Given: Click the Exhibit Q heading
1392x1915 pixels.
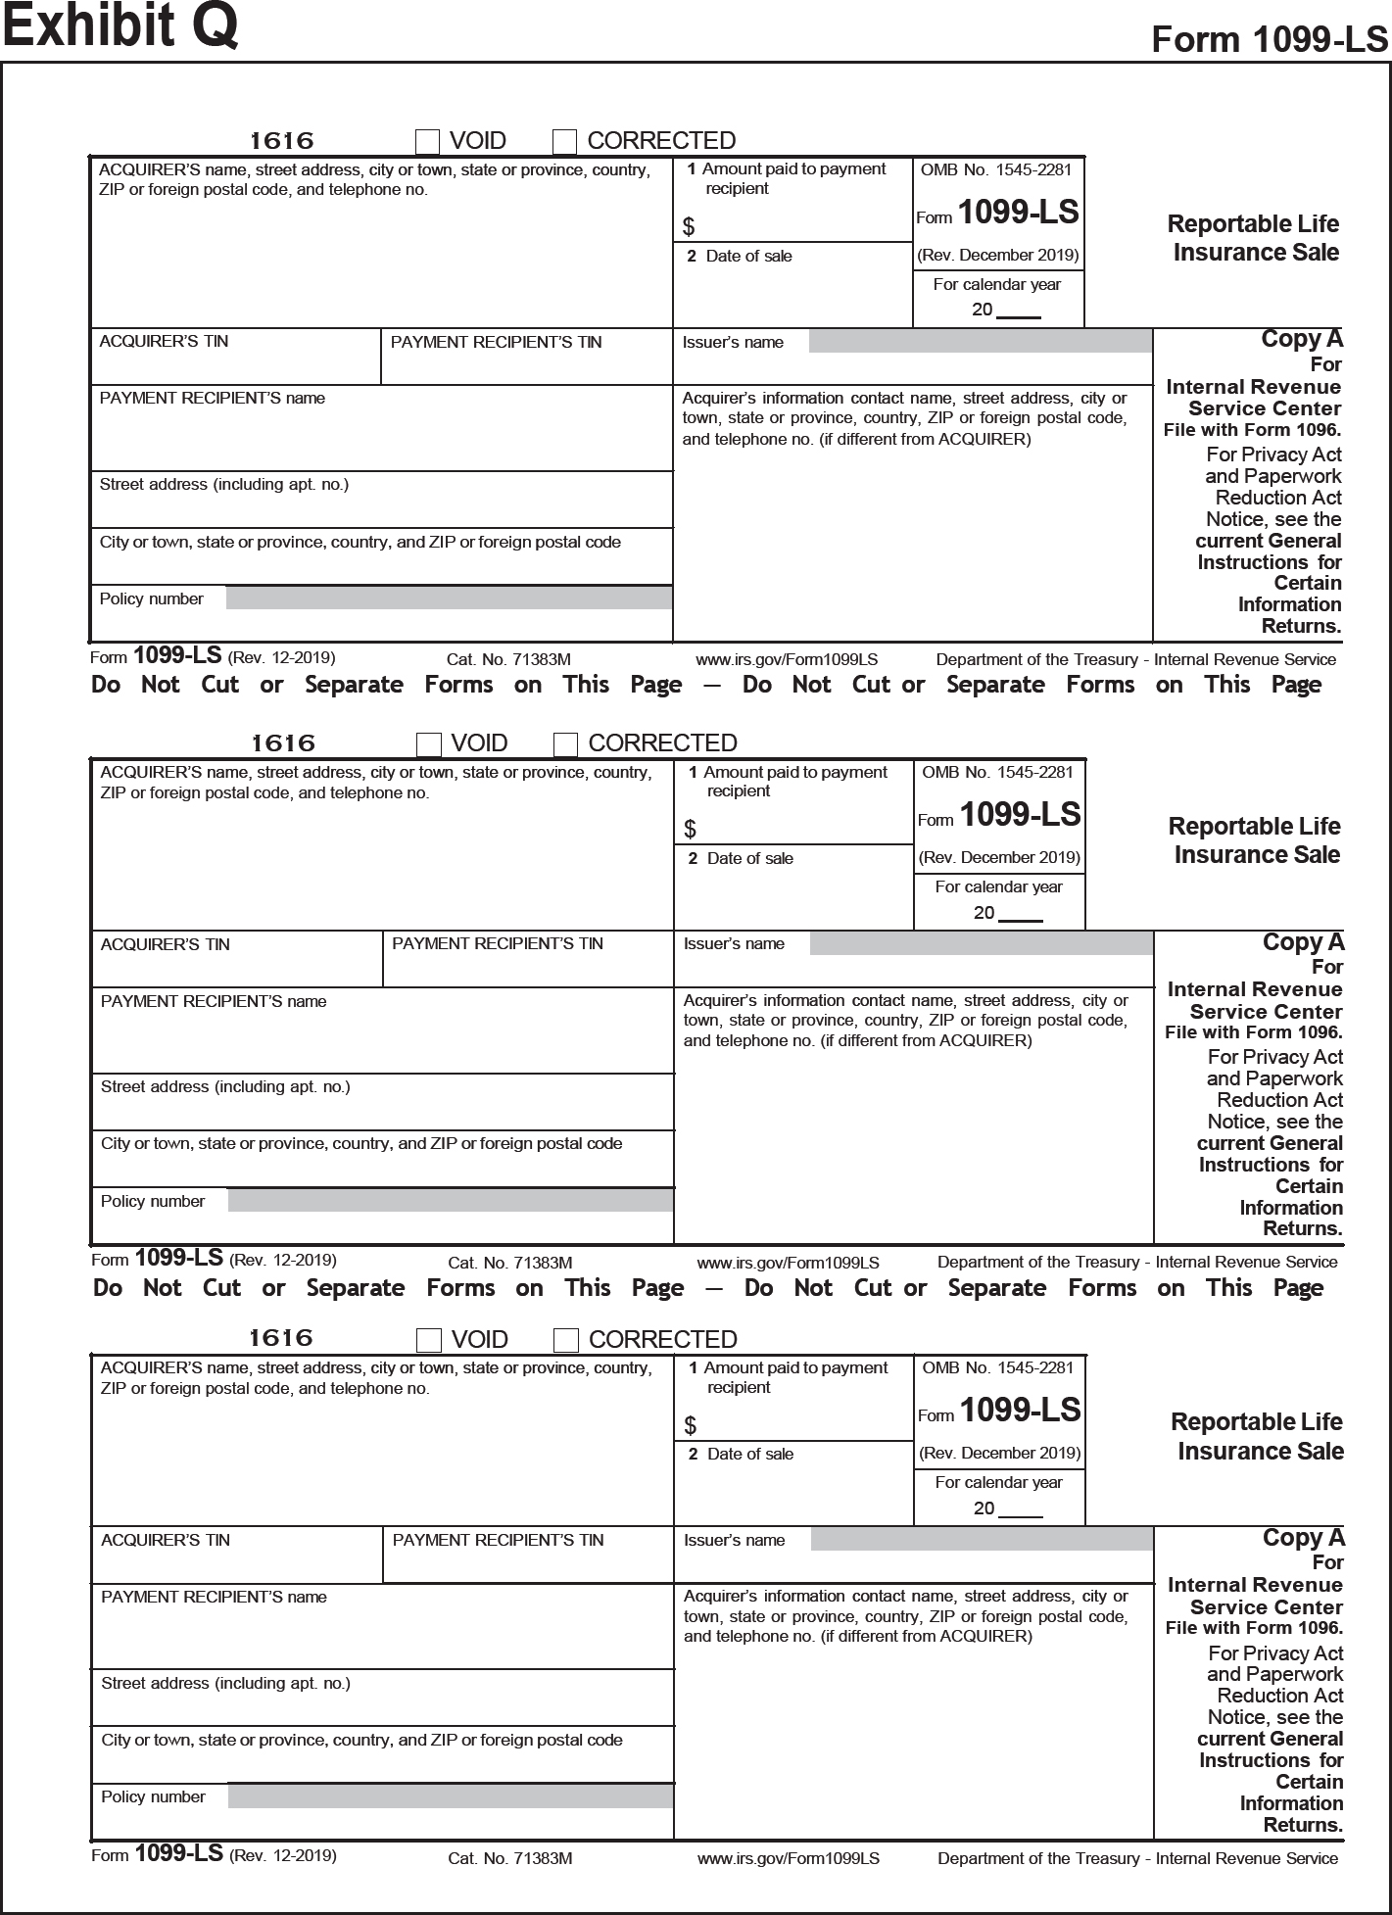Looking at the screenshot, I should point(120,26).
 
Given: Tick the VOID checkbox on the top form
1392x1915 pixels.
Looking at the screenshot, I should point(428,142).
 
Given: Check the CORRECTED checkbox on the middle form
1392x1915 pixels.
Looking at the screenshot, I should point(566,745).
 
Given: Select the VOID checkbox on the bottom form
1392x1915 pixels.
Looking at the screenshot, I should point(429,1340).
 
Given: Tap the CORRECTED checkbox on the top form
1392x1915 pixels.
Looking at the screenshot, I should point(565,142).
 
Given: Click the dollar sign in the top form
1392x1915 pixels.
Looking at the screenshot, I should point(689,227).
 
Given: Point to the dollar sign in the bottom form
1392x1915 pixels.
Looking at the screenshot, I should point(691,1425).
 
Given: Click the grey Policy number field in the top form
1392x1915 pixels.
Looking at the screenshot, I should point(449,598).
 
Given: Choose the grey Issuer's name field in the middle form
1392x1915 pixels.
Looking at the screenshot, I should point(982,944).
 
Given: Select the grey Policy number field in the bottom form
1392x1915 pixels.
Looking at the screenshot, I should point(451,1796).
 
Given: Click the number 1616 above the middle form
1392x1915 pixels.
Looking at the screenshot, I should point(283,743).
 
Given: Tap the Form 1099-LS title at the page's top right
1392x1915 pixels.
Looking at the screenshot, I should point(1270,39).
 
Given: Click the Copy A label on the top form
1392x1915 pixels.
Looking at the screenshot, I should point(1302,339).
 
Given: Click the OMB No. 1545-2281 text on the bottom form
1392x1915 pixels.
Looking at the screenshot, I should point(998,1367).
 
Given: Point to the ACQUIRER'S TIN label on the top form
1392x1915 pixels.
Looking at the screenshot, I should point(164,342).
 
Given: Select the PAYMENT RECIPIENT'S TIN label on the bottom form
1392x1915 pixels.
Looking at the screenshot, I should point(498,1540).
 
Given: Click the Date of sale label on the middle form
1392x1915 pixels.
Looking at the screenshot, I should point(749,859).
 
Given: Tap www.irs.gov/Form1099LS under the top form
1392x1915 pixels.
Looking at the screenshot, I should point(787,660).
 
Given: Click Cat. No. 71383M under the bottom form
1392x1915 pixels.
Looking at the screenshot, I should point(510,1858).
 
